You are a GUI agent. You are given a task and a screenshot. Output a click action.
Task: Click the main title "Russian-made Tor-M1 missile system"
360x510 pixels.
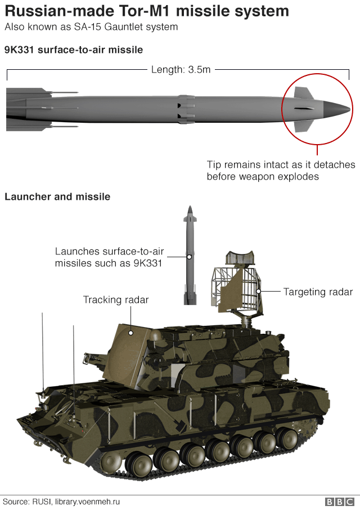pos(147,11)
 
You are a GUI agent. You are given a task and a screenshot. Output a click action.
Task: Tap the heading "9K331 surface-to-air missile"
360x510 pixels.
pos(73,50)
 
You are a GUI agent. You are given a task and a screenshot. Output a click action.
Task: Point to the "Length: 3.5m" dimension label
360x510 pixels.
pos(181,70)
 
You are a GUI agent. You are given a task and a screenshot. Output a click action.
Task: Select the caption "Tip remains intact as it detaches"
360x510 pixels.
pos(281,165)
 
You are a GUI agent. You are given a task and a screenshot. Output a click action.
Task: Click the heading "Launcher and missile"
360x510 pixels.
pos(57,196)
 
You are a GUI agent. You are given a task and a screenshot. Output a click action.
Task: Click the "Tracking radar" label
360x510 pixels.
pos(116,300)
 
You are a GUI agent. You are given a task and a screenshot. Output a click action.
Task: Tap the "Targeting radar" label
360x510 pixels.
pos(318,292)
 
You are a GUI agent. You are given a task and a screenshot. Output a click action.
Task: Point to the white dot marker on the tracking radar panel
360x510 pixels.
pos(130,333)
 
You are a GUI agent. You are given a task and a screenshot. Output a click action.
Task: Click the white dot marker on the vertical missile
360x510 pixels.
pos(190,257)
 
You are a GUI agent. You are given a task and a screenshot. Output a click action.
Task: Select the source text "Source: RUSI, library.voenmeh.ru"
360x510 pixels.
pos(61,502)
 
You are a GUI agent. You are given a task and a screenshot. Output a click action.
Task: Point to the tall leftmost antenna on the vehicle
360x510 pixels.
pos(42,349)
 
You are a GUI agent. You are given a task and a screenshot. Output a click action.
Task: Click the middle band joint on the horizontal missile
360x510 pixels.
pos(186,109)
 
